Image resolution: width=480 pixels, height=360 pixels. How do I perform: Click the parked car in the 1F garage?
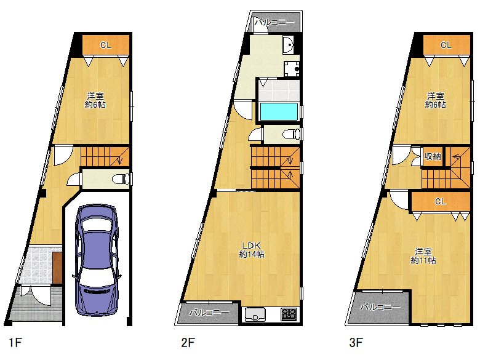pos(97,260)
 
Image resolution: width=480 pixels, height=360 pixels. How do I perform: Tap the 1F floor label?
pos(15,342)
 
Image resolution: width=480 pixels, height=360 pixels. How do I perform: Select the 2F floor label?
pos(188,342)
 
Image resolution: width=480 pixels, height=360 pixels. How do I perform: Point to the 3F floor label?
pos(356,342)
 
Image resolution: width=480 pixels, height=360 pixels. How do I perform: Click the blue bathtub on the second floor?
pos(279,112)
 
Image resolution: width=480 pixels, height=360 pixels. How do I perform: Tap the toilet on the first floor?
pos(120,179)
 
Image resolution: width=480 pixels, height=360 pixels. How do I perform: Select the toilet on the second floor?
pos(291,134)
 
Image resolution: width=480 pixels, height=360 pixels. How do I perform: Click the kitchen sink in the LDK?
pos(255,314)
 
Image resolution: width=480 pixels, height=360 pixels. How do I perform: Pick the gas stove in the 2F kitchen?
pos(289,314)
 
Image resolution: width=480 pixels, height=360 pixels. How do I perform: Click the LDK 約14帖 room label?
pos(252,250)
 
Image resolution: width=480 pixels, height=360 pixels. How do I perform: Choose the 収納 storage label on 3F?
pos(433,156)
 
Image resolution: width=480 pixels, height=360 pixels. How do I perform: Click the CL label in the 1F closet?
pos(106,45)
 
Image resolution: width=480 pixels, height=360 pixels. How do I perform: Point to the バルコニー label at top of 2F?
pos(274,22)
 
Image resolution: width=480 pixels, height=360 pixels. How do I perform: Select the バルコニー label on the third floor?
pos(380,306)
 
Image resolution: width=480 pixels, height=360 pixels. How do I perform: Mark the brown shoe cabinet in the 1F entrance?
pos(57,267)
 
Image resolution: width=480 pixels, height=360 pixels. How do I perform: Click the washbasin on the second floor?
pos(288,45)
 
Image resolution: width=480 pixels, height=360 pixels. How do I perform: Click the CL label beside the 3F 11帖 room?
pos(441,201)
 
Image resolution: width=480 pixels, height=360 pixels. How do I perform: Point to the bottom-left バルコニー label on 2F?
pos(209,313)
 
